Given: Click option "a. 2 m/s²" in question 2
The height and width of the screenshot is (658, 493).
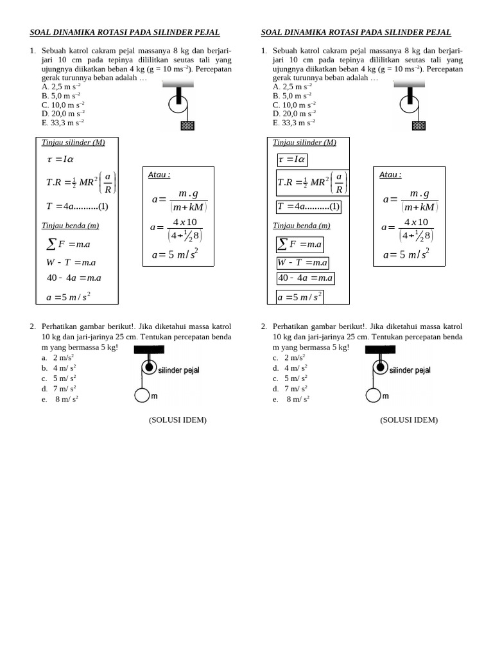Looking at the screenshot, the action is click(x=58, y=357).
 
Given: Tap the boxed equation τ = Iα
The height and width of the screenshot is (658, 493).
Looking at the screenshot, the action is click(x=292, y=160).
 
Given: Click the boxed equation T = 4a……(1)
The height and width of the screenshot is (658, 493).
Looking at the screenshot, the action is click(x=309, y=206).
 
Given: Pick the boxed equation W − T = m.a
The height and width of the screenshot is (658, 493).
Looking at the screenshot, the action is click(x=303, y=262).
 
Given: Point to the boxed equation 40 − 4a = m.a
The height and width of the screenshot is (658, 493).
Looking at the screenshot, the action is click(x=306, y=278).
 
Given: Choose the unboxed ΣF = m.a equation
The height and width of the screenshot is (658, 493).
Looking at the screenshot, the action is click(x=69, y=244).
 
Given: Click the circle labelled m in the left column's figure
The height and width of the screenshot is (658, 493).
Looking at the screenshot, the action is click(x=142, y=396).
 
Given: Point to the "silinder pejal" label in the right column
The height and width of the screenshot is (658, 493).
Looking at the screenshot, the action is click(x=410, y=370).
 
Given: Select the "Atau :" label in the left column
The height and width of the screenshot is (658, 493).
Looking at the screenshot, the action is click(x=159, y=175).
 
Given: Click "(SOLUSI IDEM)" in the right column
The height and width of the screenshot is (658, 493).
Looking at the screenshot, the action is click(x=409, y=420).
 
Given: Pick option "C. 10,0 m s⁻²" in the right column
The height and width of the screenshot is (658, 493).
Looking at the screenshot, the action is click(x=294, y=104).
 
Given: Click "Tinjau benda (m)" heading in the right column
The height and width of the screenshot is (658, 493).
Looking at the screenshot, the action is click(x=301, y=226).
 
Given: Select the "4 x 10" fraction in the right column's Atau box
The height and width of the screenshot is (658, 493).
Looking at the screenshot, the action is click(x=417, y=222).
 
